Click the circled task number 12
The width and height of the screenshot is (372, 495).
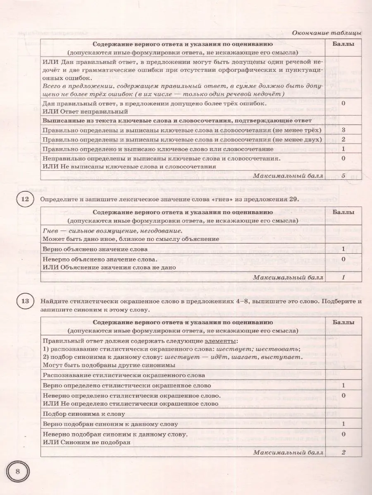pos(24,200)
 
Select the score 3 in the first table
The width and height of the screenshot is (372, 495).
pos(343,130)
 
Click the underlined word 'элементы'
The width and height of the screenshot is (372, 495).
pos(221,341)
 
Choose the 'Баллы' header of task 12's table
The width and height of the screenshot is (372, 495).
pos(343,212)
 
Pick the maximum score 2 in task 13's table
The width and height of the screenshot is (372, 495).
pos(343,452)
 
